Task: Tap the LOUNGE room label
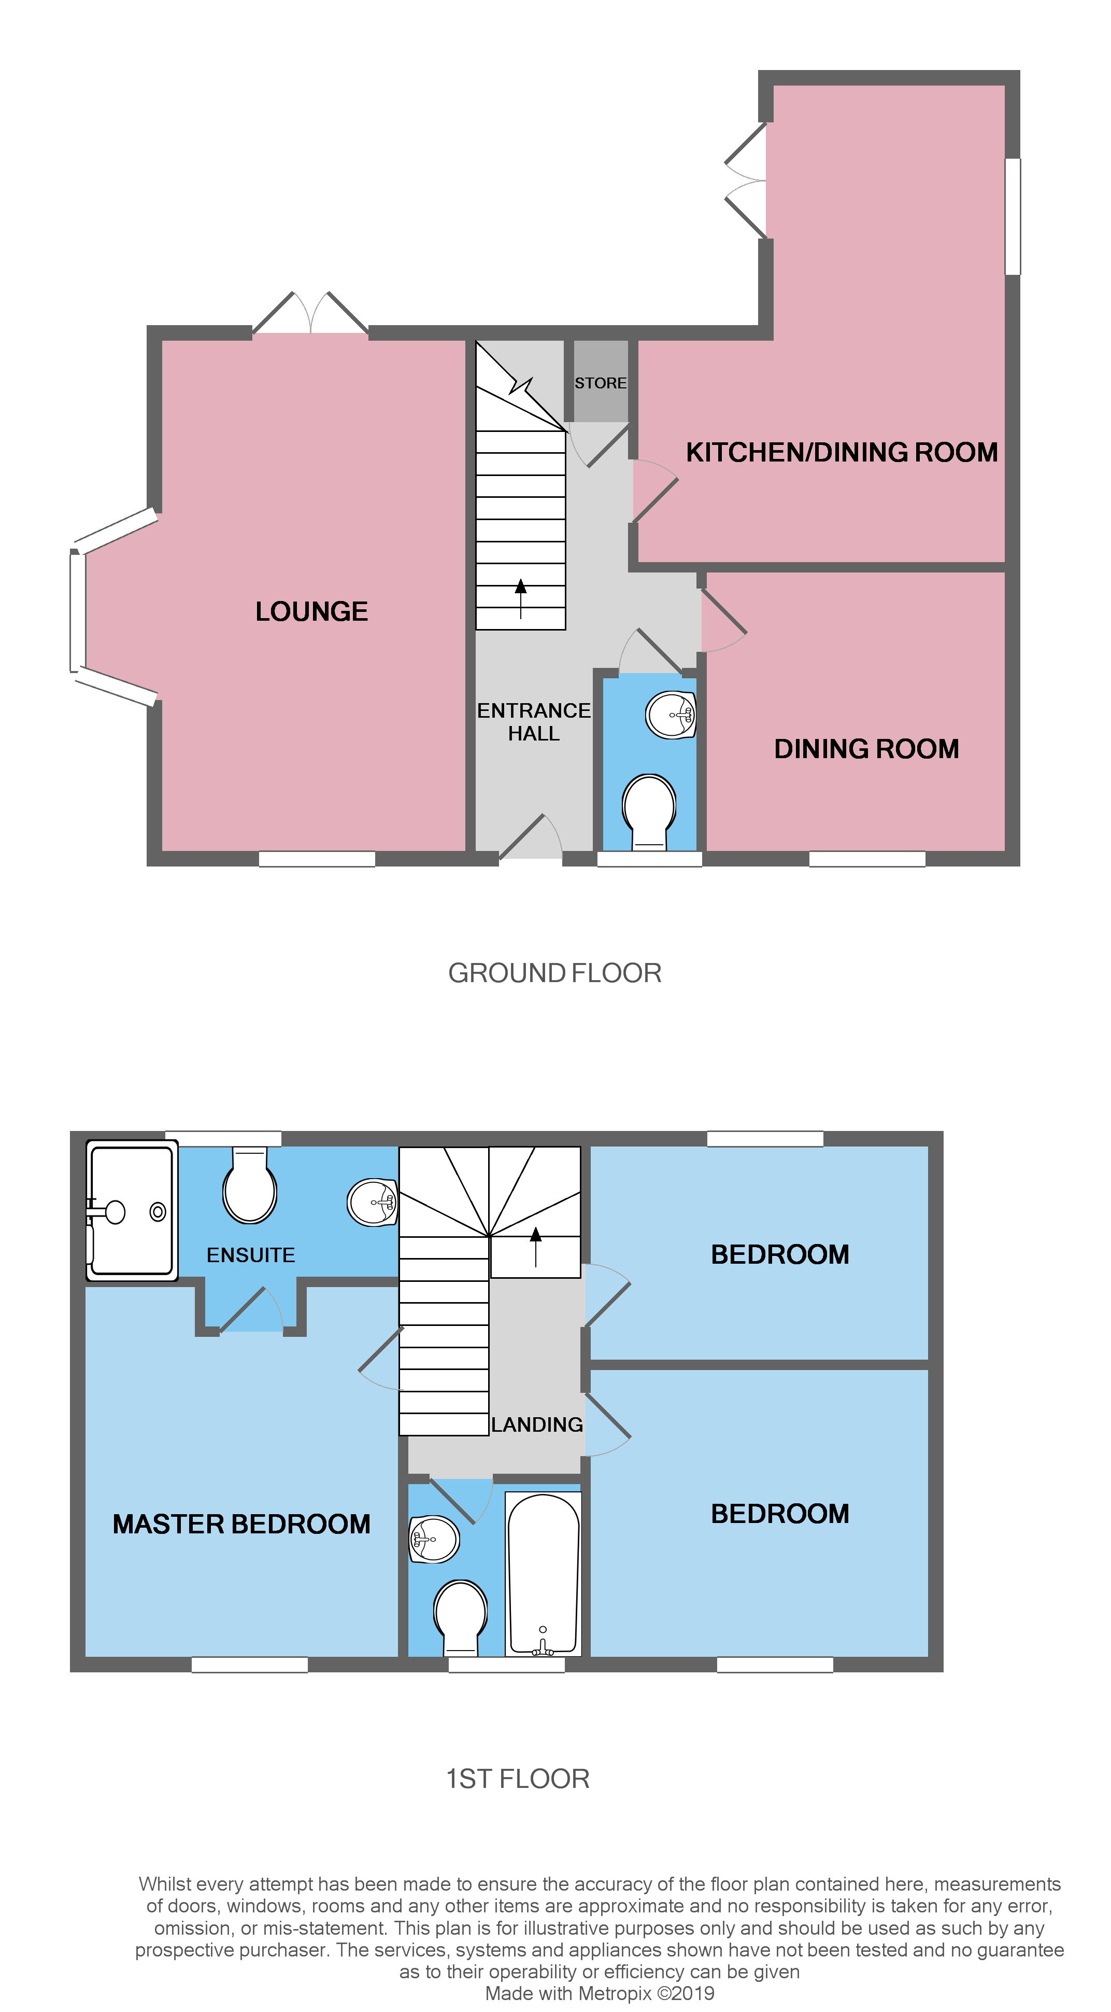click(x=311, y=611)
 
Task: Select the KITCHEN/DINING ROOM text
click(x=841, y=452)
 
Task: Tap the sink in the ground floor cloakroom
click(x=671, y=715)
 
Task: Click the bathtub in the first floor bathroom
click(x=544, y=1573)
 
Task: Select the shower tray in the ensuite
click(x=131, y=1211)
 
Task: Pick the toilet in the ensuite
click(x=249, y=1187)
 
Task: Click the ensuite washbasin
click(x=373, y=1202)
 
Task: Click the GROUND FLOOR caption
click(x=554, y=973)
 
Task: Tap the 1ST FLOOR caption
click(x=518, y=1779)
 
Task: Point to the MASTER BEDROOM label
click(x=241, y=1524)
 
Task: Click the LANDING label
click(x=536, y=1424)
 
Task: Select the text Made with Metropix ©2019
click(x=600, y=1993)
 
